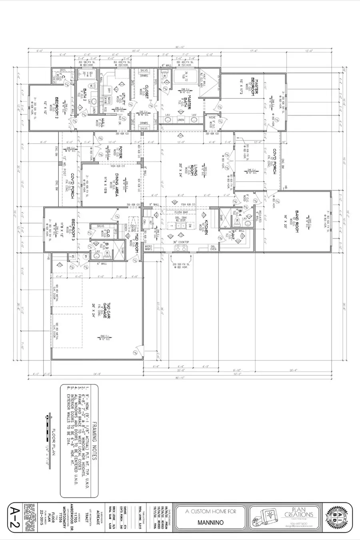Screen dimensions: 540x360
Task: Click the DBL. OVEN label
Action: pos(212,248)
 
